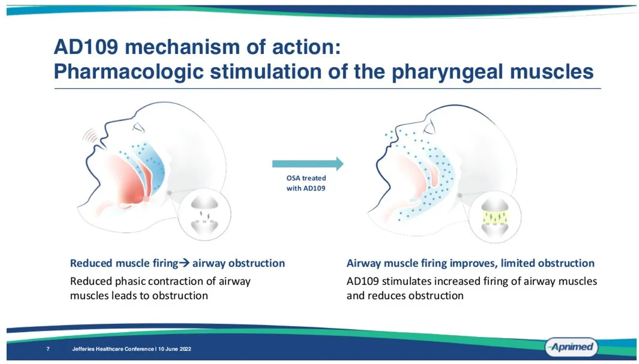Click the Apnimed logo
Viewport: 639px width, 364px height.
point(571,347)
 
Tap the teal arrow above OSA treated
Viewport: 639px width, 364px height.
point(308,164)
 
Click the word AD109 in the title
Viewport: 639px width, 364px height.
point(86,47)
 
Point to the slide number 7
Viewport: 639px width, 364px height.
point(48,349)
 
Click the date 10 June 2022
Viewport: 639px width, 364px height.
point(175,349)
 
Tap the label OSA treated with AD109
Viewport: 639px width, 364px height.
point(306,183)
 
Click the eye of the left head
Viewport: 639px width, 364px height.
point(139,128)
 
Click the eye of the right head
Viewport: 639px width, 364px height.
point(430,128)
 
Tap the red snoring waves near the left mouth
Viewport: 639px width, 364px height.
point(91,135)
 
